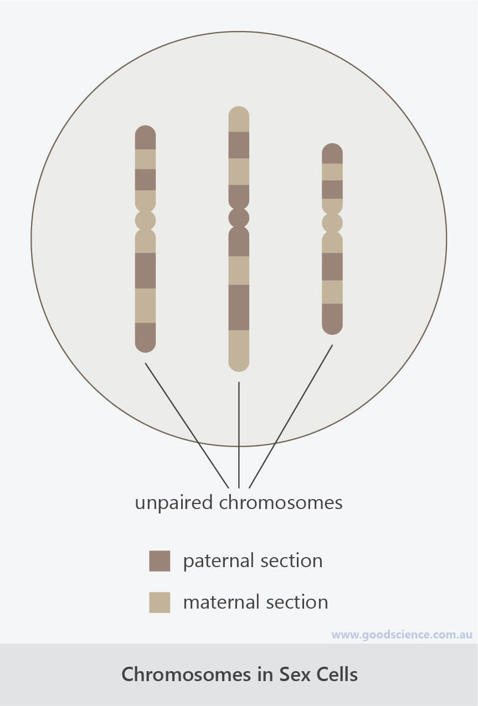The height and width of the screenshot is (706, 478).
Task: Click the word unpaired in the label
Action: pos(173,503)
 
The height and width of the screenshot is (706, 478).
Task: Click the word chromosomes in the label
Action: pos(281,502)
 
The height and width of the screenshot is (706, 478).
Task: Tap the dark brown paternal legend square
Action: pos(160,561)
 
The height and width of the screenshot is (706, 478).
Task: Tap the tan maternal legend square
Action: pos(160,603)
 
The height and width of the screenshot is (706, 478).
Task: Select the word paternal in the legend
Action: pos(219,562)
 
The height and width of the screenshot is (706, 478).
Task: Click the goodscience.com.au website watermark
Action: pos(402,635)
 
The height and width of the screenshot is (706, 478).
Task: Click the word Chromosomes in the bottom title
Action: pos(186,674)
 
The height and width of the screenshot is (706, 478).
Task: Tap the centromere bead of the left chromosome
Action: pos(146,220)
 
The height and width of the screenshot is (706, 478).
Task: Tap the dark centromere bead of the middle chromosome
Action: pos(239,217)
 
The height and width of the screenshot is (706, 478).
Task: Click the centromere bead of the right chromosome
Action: pos(332,222)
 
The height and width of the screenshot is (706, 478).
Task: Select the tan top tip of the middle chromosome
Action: pos(239,119)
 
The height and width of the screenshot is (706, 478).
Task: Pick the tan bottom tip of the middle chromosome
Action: pos(239,351)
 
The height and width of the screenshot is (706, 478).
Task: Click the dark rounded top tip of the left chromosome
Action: pos(146,137)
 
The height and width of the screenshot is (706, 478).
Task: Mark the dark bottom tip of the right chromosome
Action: pos(332,319)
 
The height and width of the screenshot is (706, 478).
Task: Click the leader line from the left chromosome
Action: pos(187,425)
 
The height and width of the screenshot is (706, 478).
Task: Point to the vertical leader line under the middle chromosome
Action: pos(239,435)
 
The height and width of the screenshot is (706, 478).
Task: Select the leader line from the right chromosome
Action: pos(291,416)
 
